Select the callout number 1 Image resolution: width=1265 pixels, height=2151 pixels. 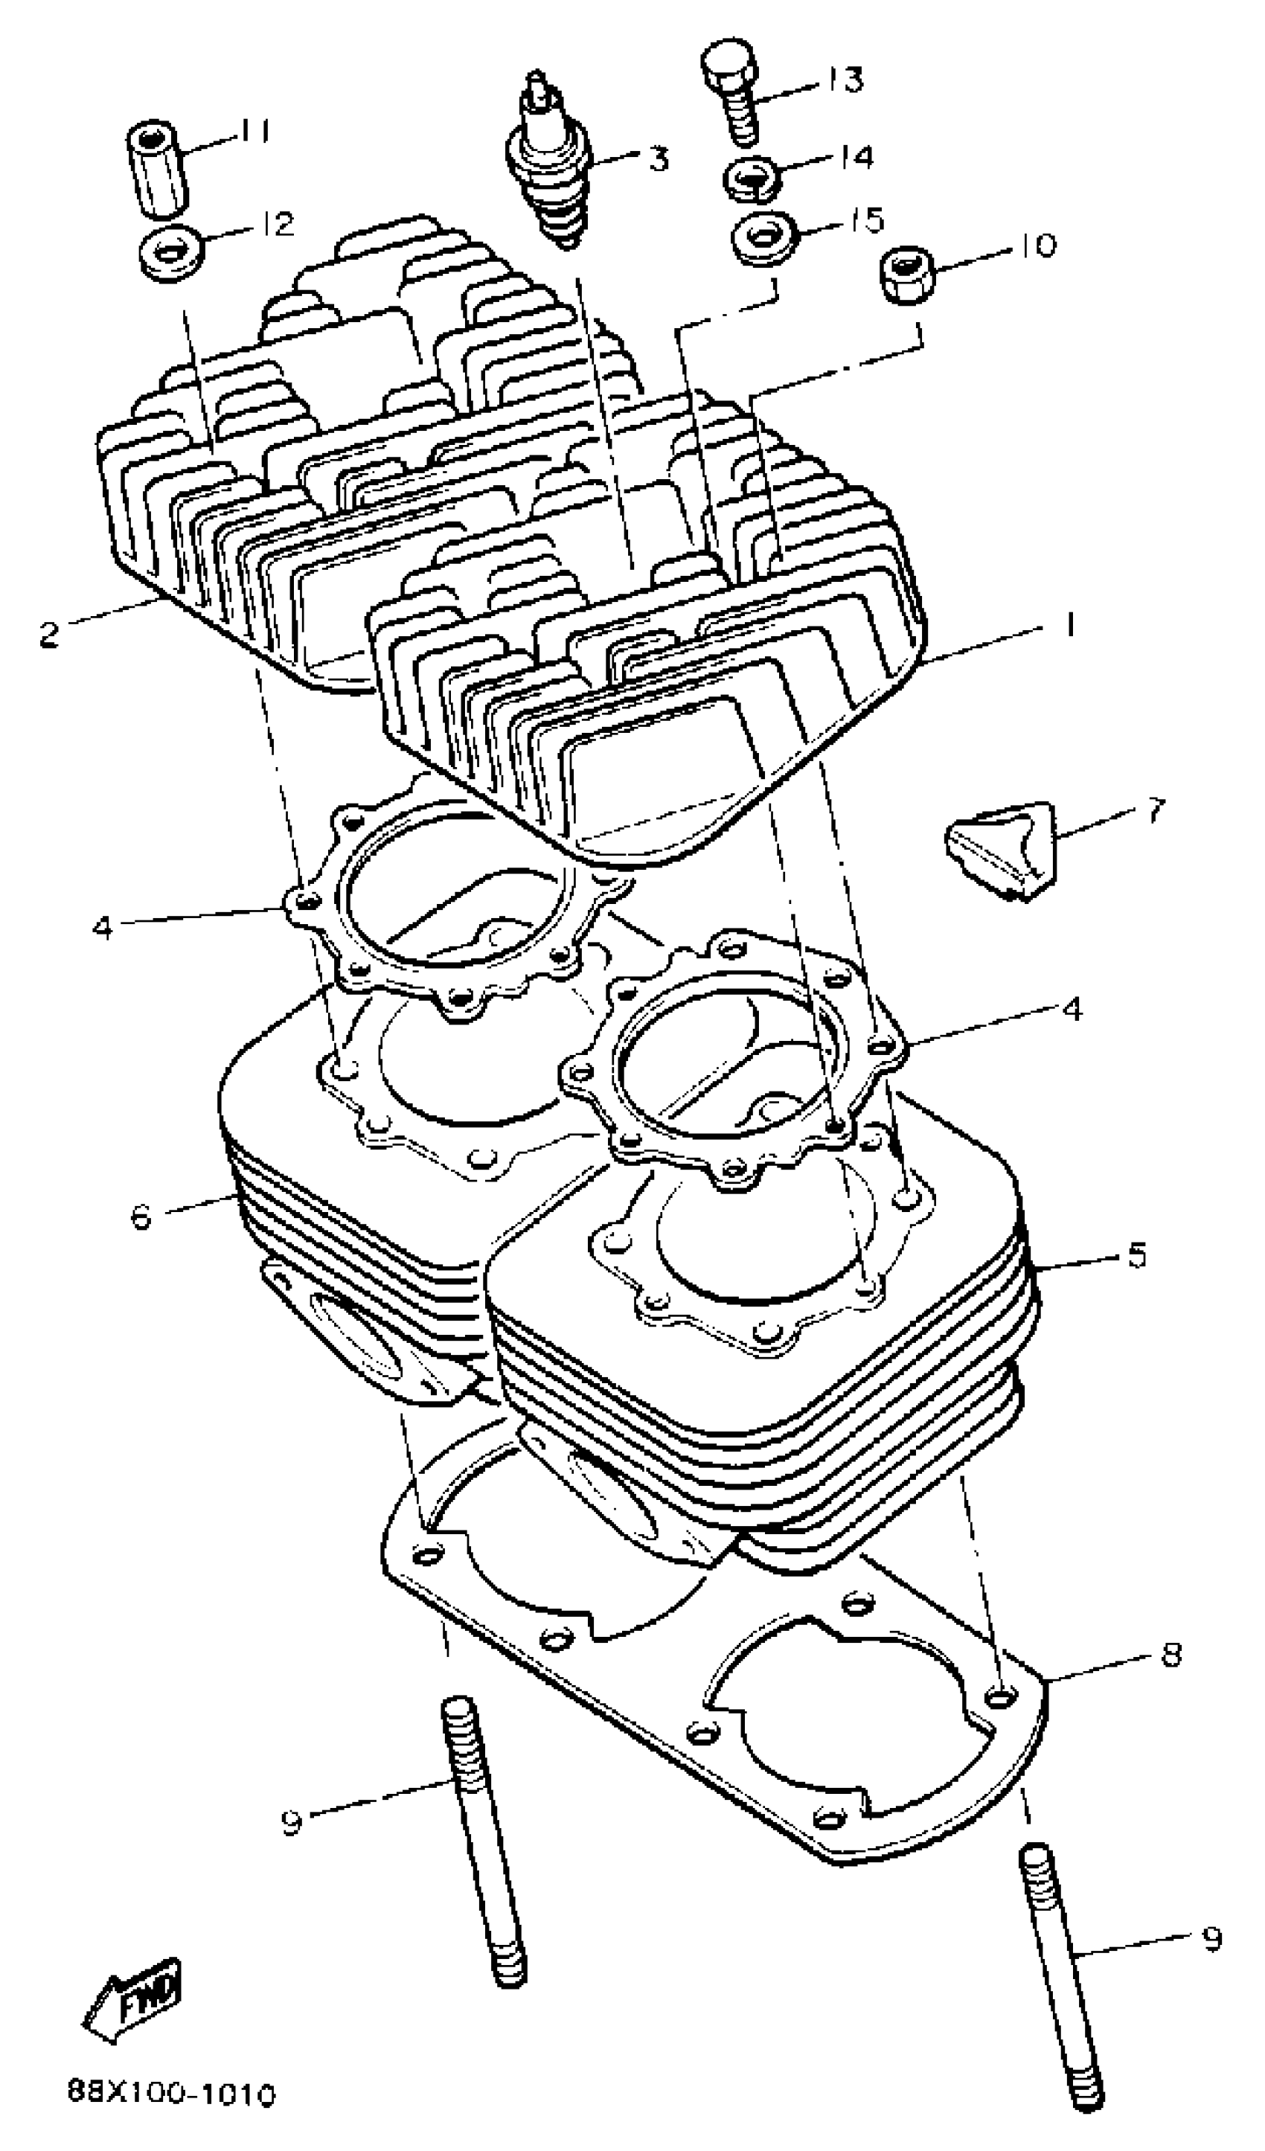coord(1067,626)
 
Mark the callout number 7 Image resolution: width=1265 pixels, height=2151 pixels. coord(1155,810)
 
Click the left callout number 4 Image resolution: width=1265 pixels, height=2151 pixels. coord(103,927)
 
